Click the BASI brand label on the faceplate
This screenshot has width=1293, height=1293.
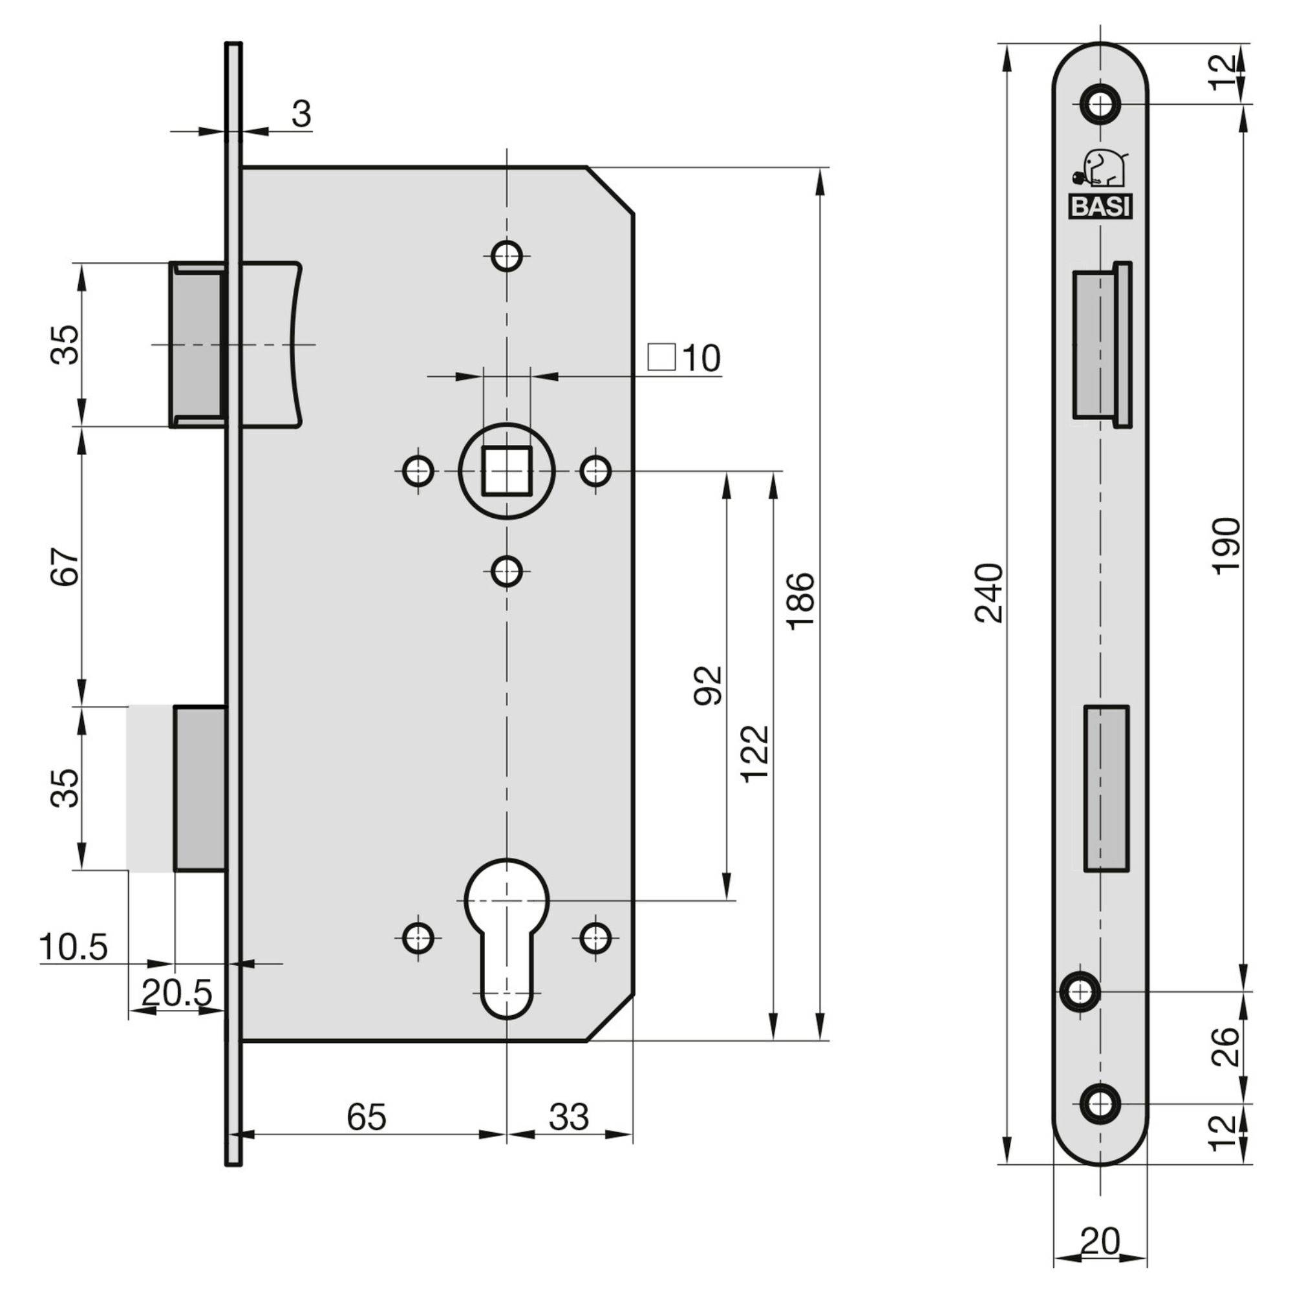[x=1100, y=207]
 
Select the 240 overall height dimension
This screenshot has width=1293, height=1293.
[x=989, y=593]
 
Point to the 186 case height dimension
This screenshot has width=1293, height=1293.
[x=801, y=601]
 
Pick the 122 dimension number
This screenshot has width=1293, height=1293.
[x=756, y=754]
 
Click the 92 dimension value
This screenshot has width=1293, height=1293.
[x=708, y=685]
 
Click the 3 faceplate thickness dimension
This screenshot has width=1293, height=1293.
[x=301, y=115]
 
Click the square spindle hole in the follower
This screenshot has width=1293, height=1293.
[x=507, y=471]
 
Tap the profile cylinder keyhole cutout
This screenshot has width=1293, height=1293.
[x=507, y=927]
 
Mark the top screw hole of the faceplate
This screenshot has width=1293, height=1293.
[x=1100, y=103]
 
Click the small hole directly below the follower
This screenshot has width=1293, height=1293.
[x=507, y=572]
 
